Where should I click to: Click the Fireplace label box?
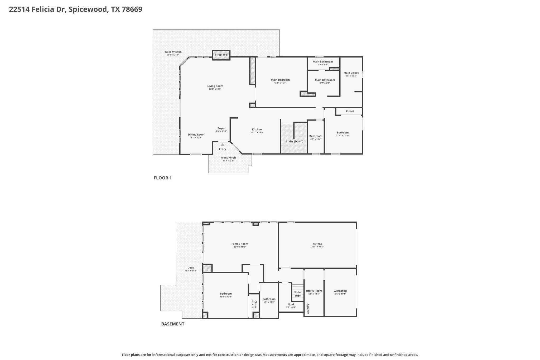(x=221, y=55)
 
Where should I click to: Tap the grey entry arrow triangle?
(x=223, y=145)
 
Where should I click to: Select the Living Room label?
(x=215, y=86)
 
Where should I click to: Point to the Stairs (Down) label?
(x=295, y=141)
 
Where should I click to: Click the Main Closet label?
(x=351, y=73)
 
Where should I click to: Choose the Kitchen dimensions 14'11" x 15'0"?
(x=257, y=132)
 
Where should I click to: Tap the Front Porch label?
(x=228, y=158)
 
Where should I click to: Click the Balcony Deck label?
(x=173, y=52)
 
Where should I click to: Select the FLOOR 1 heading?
(x=163, y=178)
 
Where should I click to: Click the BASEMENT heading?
(x=173, y=324)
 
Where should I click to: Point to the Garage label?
(x=317, y=244)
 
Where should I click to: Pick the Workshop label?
(x=340, y=291)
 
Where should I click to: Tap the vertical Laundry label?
(x=308, y=309)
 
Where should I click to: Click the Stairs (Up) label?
(x=298, y=294)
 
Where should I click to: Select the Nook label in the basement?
(x=291, y=304)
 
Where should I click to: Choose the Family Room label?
(x=240, y=244)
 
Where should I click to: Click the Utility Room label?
(x=314, y=291)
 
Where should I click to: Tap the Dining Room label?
(x=196, y=135)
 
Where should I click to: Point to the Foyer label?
(x=221, y=128)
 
